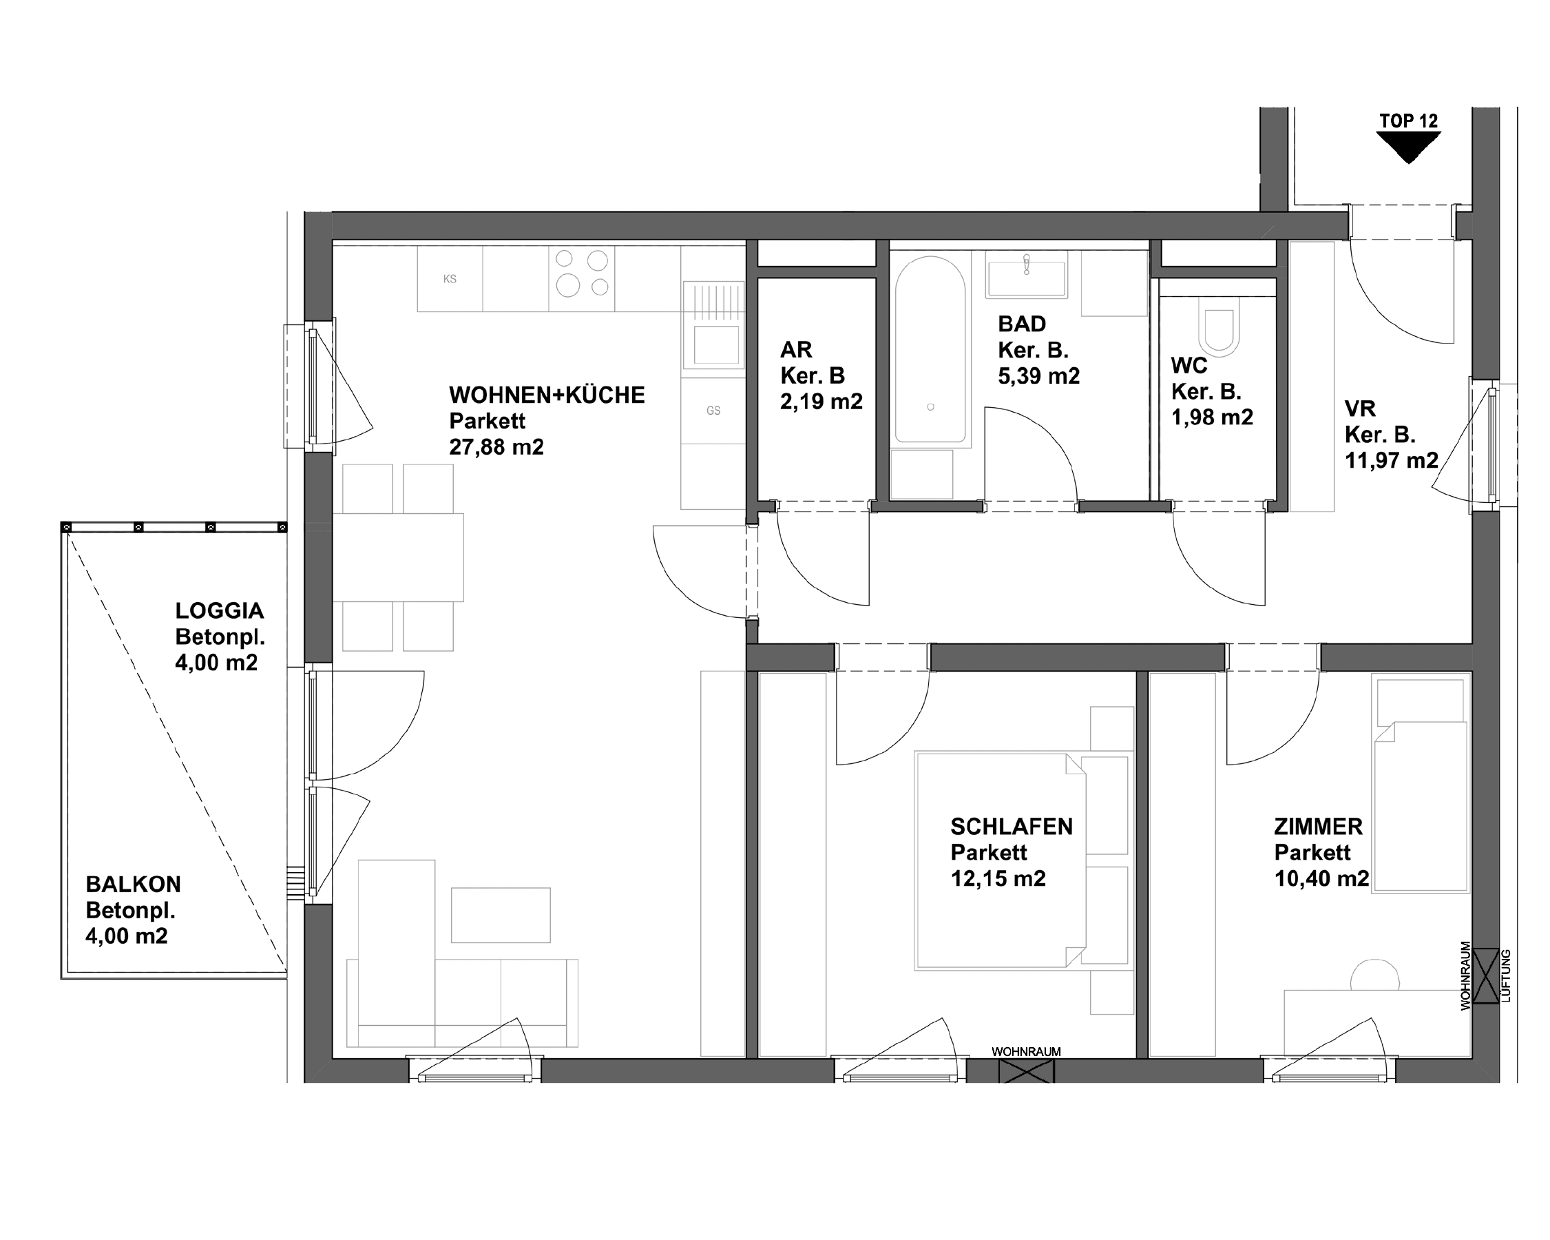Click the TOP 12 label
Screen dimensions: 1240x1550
[x=1408, y=121]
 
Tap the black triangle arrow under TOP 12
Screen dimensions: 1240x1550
[x=1408, y=147]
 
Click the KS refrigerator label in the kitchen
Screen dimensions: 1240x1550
[x=450, y=279]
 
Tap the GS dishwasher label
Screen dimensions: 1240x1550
[x=713, y=411]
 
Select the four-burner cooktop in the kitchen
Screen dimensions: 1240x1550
[x=582, y=273]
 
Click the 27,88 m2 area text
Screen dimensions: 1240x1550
[x=496, y=447]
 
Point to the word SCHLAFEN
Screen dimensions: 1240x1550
[x=1011, y=827]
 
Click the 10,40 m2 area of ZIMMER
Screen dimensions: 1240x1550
[x=1321, y=879]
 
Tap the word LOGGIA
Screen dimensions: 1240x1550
[x=219, y=610]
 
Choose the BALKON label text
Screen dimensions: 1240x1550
[x=133, y=884]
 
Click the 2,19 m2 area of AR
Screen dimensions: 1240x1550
[x=821, y=402]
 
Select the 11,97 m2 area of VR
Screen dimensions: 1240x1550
[x=1391, y=460]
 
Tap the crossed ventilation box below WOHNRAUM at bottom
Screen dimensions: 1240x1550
[x=1026, y=1071]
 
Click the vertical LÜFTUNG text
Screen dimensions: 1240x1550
[x=1506, y=976]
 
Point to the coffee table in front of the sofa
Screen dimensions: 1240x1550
[x=501, y=915]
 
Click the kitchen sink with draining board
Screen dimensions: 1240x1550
[x=713, y=325]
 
